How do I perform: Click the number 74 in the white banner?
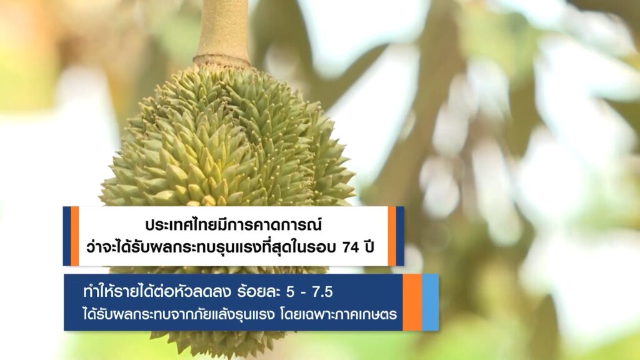(x=351, y=247)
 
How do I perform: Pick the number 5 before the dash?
(x=290, y=292)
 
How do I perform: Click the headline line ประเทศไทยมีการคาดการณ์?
(x=234, y=224)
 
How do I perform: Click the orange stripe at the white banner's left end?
(x=75, y=236)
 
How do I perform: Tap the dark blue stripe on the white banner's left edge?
(x=66, y=236)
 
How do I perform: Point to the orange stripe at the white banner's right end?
(x=392, y=236)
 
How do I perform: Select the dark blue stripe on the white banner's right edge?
(x=400, y=236)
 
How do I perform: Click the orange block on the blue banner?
(x=412, y=302)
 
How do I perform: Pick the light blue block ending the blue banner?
(x=430, y=302)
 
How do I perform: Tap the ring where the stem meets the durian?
(x=222, y=61)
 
